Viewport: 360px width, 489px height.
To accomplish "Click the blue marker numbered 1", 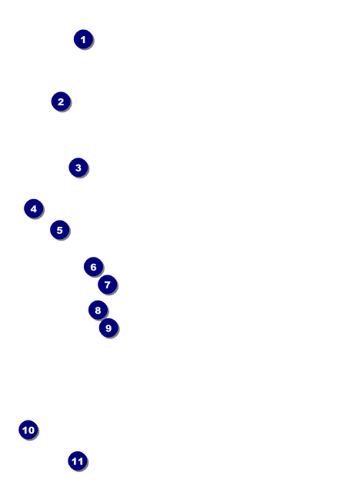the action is click(83, 39).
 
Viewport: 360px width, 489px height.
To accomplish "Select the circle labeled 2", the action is click(61, 101).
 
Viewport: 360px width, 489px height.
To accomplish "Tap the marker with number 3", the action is click(78, 168).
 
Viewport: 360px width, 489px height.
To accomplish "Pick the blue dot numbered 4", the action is click(34, 208).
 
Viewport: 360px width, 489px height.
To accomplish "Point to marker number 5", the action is click(59, 230).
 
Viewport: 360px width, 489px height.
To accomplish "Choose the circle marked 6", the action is click(93, 267).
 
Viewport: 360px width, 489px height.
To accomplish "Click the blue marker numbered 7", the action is click(108, 284).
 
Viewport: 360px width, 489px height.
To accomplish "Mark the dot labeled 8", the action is click(98, 310).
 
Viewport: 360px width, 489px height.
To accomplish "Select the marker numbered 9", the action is click(108, 328).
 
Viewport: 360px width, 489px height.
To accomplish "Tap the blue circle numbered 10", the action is click(28, 430).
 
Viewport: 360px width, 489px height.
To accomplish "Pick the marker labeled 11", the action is click(78, 461).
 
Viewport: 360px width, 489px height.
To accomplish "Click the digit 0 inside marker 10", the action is click(31, 430).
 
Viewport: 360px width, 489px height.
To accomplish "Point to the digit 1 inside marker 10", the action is click(25, 430).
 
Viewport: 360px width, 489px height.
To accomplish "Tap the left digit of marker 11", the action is click(75, 461).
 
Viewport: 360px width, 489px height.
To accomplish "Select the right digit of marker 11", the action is click(81, 461).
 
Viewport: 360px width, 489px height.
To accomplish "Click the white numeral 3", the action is click(78, 168).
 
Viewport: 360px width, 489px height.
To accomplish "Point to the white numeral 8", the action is click(98, 311).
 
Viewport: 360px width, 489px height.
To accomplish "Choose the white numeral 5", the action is click(59, 230).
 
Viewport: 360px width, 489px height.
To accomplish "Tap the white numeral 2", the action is click(61, 101).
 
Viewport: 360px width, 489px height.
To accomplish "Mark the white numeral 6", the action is click(93, 267).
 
